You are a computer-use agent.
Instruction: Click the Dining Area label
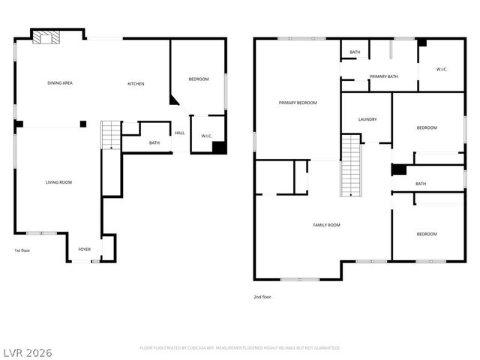pyautogui.click(x=59, y=83)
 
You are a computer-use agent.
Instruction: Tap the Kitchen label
pyautogui.click(x=136, y=84)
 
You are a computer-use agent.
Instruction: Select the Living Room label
pyautogui.click(x=58, y=182)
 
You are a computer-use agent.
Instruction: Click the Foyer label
pyautogui.click(x=85, y=249)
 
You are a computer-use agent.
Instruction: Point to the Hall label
pyautogui.click(x=179, y=133)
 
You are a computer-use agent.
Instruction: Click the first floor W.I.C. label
pyautogui.click(x=206, y=136)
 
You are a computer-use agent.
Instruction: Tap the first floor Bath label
pyautogui.click(x=154, y=143)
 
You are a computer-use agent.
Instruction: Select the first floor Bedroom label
pyautogui.click(x=198, y=79)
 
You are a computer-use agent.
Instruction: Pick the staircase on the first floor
pyautogui.click(x=111, y=135)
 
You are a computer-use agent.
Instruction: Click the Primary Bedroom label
pyautogui.click(x=298, y=103)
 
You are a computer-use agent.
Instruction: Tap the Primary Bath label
pyautogui.click(x=383, y=76)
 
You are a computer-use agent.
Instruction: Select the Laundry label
pyautogui.click(x=367, y=119)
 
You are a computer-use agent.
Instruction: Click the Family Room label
pyautogui.click(x=326, y=225)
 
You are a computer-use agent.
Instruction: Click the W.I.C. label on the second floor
pyautogui.click(x=442, y=70)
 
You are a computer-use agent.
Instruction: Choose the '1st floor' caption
pyautogui.click(x=22, y=250)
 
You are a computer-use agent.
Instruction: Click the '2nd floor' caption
pyautogui.click(x=262, y=297)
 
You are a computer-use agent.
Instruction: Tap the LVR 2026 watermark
pyautogui.click(x=27, y=352)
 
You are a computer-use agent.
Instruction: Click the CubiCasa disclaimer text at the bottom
pyautogui.click(x=240, y=348)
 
